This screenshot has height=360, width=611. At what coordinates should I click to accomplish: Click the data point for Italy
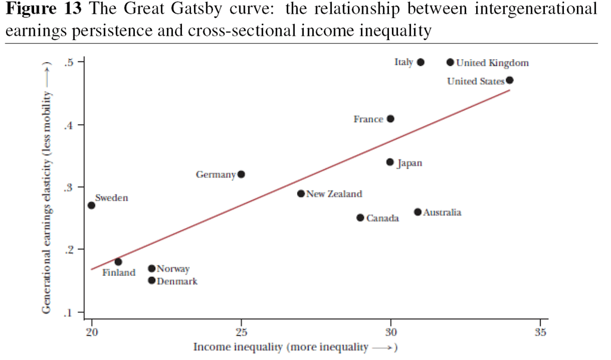(421, 62)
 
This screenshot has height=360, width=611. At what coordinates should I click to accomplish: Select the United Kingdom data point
(450, 62)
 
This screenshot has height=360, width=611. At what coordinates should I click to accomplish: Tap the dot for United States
(510, 81)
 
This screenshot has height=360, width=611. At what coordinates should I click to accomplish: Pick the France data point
(390, 119)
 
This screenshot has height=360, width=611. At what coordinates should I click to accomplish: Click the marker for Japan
(390, 162)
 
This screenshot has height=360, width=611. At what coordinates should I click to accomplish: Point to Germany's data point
(241, 174)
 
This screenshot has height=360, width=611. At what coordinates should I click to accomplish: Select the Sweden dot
(91, 205)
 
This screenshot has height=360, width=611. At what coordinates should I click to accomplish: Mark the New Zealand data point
(301, 193)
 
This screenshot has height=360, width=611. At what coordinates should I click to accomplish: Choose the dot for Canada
(360, 218)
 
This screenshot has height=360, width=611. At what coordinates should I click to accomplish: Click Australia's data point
(418, 212)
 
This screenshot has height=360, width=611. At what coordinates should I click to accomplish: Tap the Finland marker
(118, 261)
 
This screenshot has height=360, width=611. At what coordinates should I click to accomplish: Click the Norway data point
(152, 268)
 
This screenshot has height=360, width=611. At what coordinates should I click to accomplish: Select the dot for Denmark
(152, 281)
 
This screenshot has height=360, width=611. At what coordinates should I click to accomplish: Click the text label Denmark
(177, 281)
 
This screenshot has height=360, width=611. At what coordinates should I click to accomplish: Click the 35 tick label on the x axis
(541, 332)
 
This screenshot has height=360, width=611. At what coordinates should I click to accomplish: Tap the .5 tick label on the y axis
(69, 63)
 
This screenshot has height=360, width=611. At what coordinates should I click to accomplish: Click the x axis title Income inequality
(237, 347)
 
